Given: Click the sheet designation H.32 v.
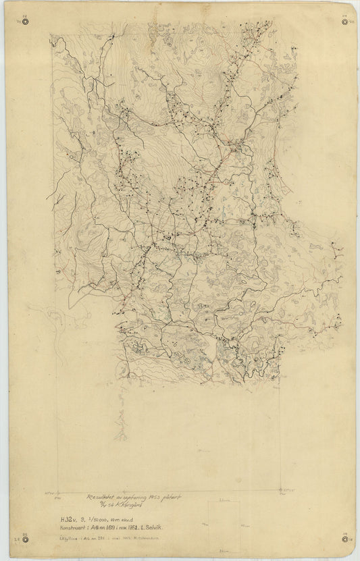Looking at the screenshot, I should [68, 518].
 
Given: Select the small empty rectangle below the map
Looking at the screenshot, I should [222, 519].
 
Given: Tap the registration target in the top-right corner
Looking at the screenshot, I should [347, 21].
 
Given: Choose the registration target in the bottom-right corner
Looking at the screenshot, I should [347, 539].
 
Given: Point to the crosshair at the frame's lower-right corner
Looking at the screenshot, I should [280, 489].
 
